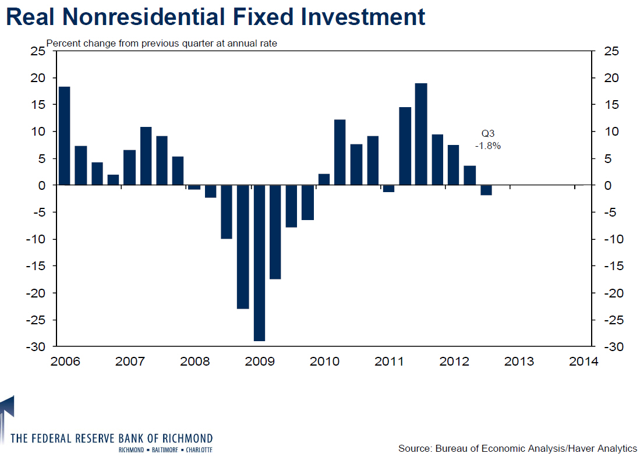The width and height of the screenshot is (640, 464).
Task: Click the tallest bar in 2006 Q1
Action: [65, 136]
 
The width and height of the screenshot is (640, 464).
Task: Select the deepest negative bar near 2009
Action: [259, 263]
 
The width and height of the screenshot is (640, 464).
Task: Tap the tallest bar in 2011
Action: [421, 134]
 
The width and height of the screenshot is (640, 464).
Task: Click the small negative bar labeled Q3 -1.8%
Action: [486, 190]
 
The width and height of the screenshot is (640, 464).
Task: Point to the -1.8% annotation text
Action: [487, 146]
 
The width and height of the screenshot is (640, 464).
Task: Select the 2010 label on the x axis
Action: [324, 362]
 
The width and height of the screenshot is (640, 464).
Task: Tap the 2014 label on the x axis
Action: [584, 362]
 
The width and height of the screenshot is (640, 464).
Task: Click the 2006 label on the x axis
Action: [65, 362]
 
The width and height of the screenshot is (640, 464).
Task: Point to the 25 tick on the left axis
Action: [37, 52]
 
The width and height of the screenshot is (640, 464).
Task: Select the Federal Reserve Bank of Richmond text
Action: [112, 438]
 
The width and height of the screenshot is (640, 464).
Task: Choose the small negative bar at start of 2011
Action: [388, 188]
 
